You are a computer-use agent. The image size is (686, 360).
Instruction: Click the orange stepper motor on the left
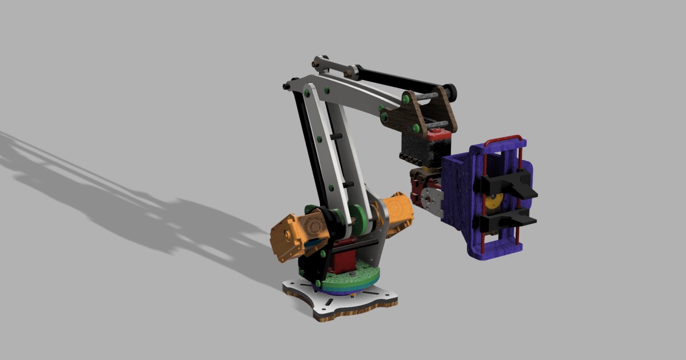tap(294, 235)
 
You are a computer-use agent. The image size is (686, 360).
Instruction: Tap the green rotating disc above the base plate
tap(349, 280)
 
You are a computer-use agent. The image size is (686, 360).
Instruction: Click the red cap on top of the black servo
tap(438, 134)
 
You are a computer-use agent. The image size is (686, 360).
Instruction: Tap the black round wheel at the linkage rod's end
tap(451, 90)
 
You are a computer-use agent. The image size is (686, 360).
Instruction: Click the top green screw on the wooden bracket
tap(405, 99)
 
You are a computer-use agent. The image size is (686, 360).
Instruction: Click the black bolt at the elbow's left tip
tap(286, 86)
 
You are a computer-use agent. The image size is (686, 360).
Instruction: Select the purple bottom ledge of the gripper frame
tap(494, 251)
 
